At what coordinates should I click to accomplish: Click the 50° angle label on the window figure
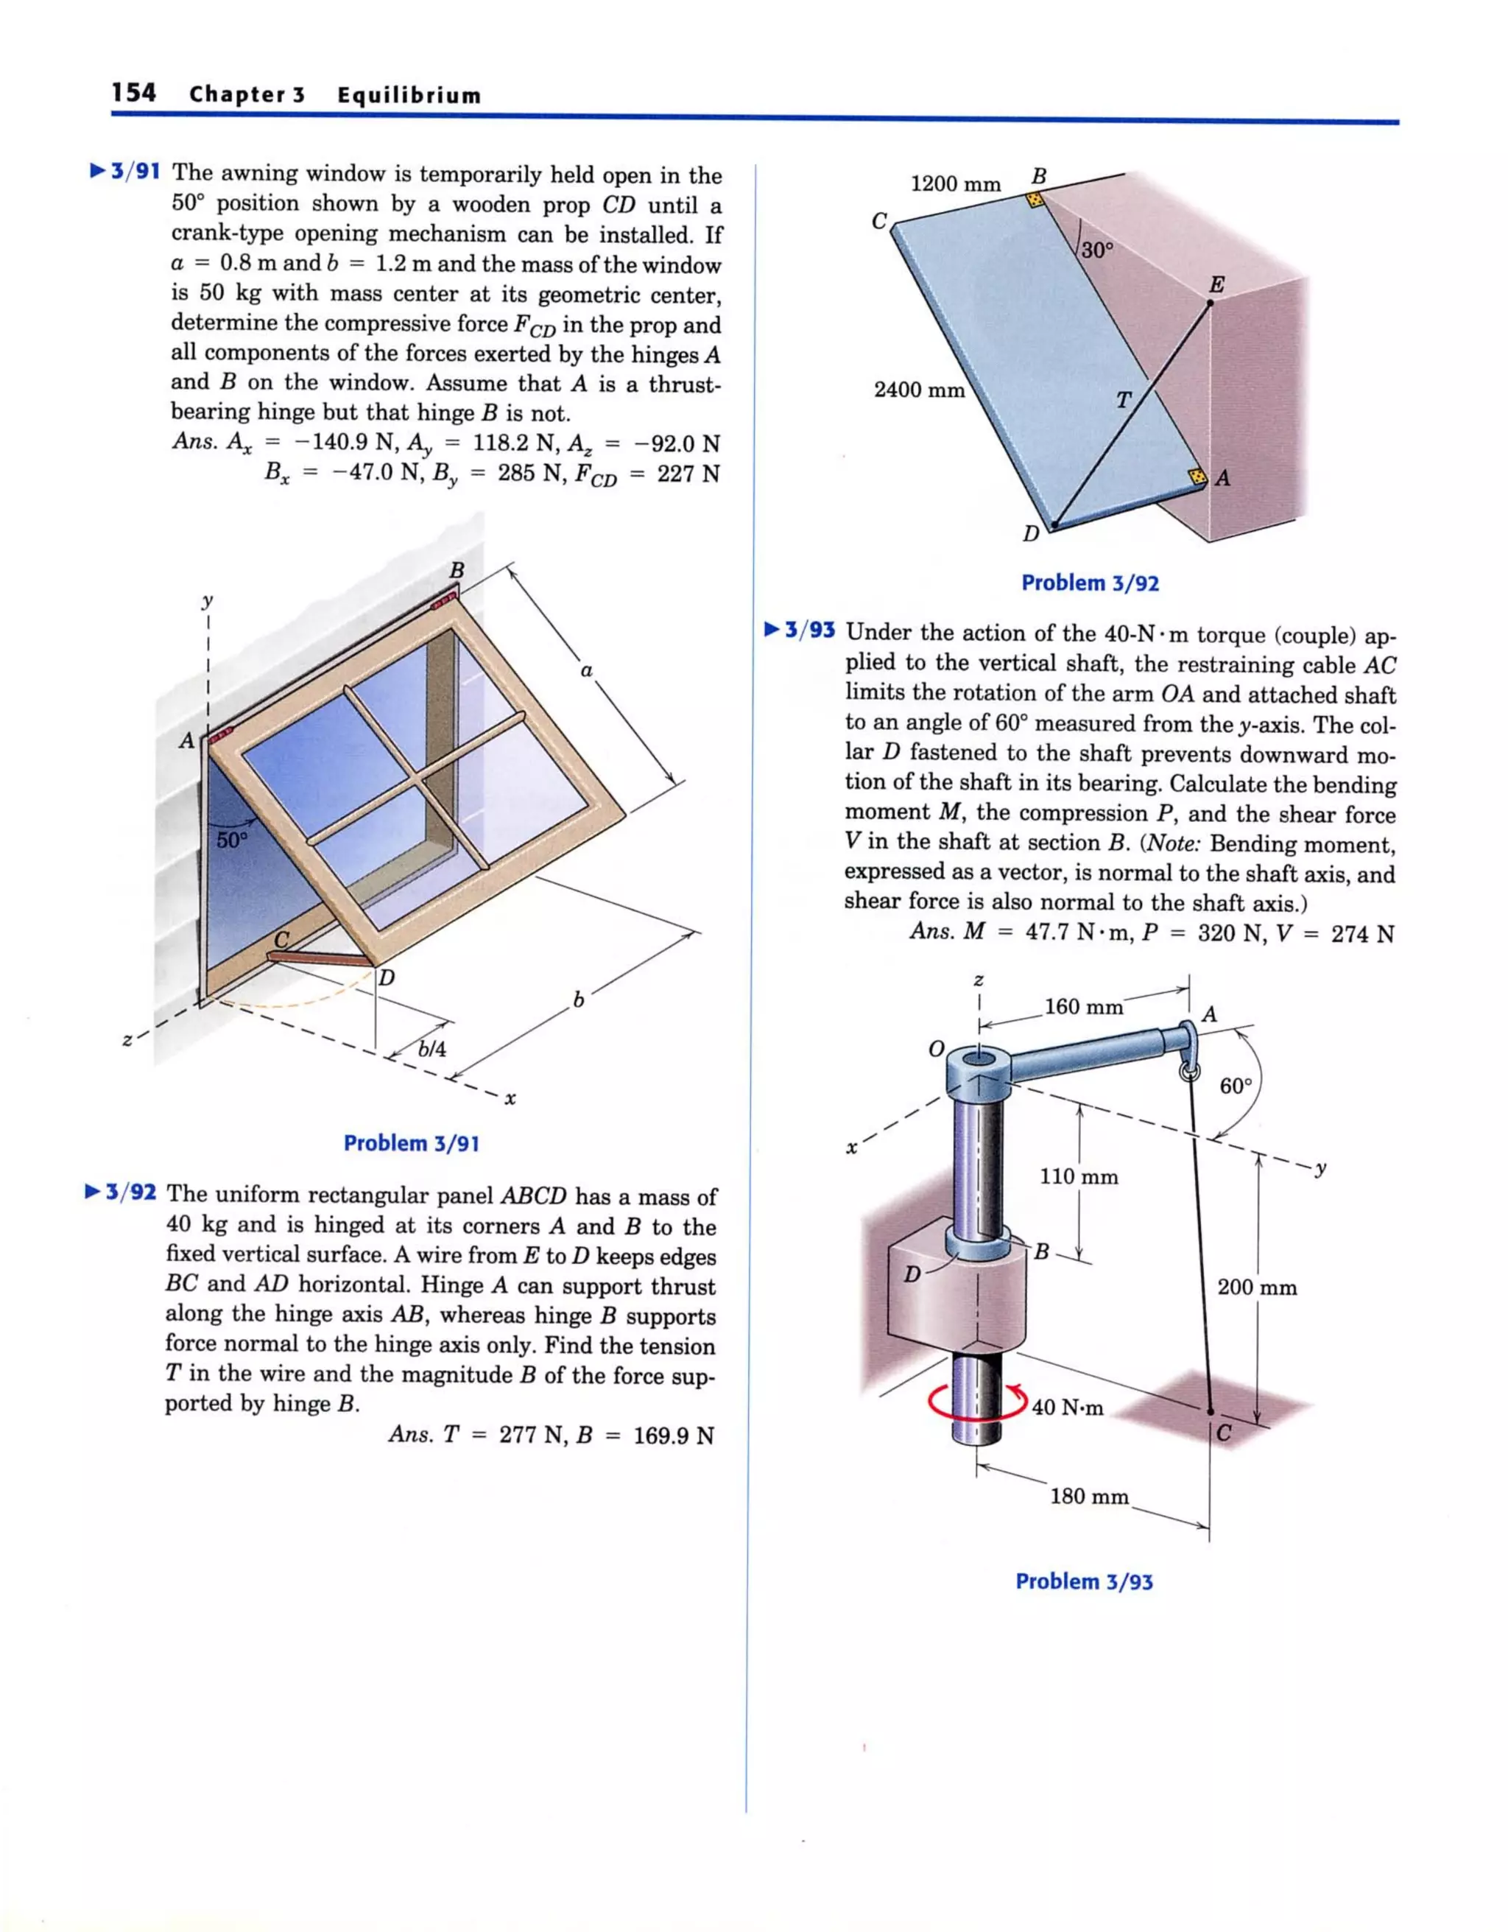(x=233, y=840)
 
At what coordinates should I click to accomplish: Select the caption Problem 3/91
(x=412, y=1143)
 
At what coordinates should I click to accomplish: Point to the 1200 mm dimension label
(x=955, y=185)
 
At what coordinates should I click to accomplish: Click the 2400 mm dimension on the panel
(x=919, y=390)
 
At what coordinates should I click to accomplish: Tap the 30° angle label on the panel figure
(x=1096, y=250)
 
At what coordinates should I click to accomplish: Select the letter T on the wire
(x=1122, y=401)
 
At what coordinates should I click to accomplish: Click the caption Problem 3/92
(x=1090, y=583)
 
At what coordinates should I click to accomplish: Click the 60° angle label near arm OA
(x=1236, y=1086)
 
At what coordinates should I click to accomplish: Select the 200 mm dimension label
(x=1257, y=1288)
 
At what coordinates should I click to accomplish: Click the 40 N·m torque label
(x=1068, y=1408)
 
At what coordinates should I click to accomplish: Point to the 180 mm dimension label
(x=1089, y=1497)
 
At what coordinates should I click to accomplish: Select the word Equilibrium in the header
(x=409, y=96)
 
